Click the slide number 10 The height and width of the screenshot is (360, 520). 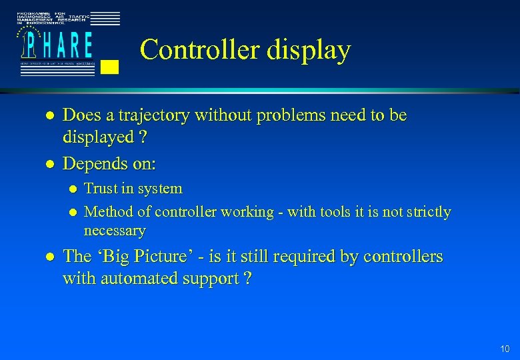pyautogui.click(x=505, y=349)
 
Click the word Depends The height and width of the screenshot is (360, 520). pyautogui.click(x=92, y=164)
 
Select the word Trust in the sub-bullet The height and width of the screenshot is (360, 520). pyautogui.click(x=101, y=189)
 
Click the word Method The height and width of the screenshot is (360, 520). pyautogui.click(x=108, y=212)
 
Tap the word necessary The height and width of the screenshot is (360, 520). pyautogui.click(x=114, y=231)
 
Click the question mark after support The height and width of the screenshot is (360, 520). pyautogui.click(x=248, y=279)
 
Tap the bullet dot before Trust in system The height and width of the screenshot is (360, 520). pyautogui.click(x=73, y=189)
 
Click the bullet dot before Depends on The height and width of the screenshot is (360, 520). pyautogui.click(x=47, y=164)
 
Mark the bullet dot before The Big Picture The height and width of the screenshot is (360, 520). pyautogui.click(x=47, y=257)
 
